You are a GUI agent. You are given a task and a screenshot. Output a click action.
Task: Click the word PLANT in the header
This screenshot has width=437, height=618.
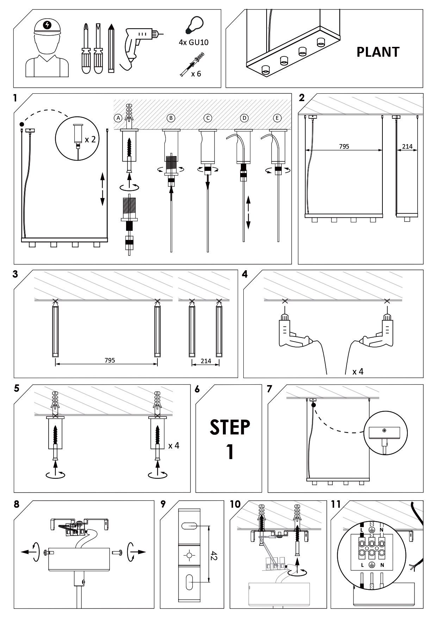(x=378, y=52)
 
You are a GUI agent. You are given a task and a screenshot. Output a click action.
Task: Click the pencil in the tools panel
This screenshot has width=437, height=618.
(x=111, y=49)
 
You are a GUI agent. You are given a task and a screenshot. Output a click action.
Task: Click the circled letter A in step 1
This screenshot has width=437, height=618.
(x=118, y=118)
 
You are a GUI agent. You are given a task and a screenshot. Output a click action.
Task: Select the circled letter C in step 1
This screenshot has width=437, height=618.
(x=208, y=118)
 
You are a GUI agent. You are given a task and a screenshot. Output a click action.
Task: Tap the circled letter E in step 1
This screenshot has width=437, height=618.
(x=277, y=118)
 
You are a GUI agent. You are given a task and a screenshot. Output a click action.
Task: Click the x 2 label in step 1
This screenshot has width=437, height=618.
(x=90, y=139)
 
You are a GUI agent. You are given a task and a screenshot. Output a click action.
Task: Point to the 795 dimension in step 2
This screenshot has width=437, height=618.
(x=344, y=146)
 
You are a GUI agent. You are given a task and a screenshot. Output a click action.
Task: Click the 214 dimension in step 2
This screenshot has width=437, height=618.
(x=407, y=146)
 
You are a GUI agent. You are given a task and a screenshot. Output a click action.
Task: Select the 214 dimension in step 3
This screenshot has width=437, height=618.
(x=206, y=361)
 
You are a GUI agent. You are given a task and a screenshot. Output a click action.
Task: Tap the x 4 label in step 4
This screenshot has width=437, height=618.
(x=358, y=371)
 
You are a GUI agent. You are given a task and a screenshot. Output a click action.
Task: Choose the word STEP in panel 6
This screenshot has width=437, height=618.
(x=230, y=427)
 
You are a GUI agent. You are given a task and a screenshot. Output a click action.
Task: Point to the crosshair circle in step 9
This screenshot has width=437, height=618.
(x=189, y=556)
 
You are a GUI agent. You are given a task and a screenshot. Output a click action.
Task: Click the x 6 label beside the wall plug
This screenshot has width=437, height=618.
(x=196, y=74)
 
